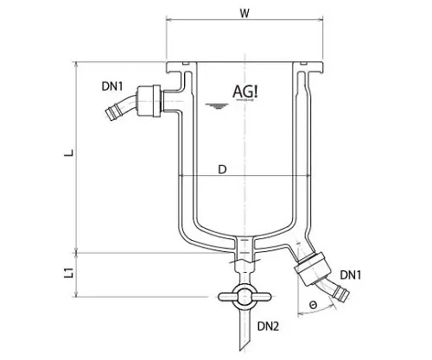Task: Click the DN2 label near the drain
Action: click(x=269, y=326)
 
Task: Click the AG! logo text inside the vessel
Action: click(x=248, y=90)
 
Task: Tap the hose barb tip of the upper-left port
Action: click(x=108, y=114)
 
